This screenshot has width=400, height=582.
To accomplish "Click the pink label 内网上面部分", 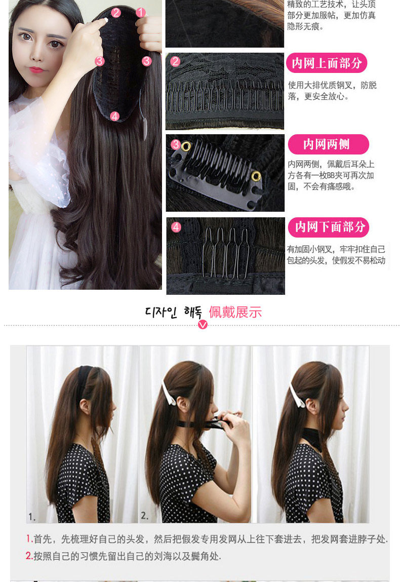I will tap(327, 63).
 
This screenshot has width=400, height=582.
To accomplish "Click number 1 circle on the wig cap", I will tap(140, 13).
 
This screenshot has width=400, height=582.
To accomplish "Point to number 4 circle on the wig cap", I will tap(114, 117).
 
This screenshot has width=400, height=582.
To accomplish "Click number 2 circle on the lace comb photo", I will tap(176, 62).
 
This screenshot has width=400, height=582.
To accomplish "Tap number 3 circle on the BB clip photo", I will tap(176, 144).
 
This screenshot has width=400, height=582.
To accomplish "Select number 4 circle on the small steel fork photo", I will tap(176, 227).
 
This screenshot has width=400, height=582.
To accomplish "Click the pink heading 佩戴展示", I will tap(235, 312).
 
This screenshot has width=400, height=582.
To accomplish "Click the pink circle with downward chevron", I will tap(203, 324).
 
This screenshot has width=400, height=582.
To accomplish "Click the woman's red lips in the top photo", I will tap(36, 70).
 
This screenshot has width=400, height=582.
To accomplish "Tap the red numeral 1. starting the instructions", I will tap(29, 539).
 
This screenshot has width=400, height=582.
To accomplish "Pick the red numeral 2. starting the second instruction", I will tap(29, 556).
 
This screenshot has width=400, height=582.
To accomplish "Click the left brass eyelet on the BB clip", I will tap(186, 146).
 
